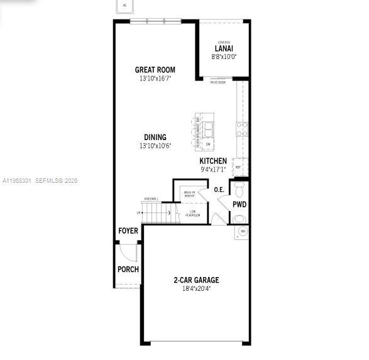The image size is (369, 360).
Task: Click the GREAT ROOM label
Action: [x=155, y=70]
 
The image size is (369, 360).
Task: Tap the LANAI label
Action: [x=224, y=49]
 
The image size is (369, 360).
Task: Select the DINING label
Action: [x=155, y=137]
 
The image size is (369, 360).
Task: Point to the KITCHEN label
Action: [x=213, y=161]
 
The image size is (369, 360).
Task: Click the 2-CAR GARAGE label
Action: [x=196, y=280]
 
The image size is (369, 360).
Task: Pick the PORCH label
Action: [x=128, y=270]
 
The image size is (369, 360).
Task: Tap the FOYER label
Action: [x=128, y=231]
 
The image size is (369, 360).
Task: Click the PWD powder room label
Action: [x=240, y=205]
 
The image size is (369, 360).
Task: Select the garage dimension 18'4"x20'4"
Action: [x=196, y=289]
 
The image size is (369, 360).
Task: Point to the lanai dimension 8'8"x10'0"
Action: [x=224, y=57]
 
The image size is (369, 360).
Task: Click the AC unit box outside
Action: [x=124, y=6]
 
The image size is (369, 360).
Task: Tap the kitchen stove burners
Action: [x=242, y=129]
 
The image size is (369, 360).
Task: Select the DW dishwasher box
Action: [x=207, y=144]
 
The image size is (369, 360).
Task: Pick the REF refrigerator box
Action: [x=238, y=167]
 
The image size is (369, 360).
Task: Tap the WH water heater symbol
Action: [x=243, y=232]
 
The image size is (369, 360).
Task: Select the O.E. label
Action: [x=219, y=189]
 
